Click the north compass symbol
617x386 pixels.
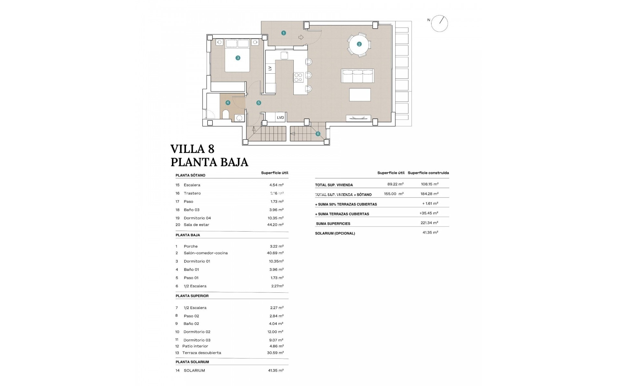(439, 23)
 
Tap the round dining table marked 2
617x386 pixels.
(359, 44)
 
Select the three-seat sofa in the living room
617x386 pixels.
(357, 76)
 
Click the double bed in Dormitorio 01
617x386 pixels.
(237, 55)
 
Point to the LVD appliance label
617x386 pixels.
(280, 117)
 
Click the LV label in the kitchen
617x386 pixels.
(270, 68)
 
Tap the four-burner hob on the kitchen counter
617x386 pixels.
(298, 77)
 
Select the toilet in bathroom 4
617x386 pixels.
(226, 115)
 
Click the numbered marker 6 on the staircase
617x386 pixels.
(318, 134)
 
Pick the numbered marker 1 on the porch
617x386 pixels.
(283, 33)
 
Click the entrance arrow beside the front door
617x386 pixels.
(301, 37)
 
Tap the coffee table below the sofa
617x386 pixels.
(360, 95)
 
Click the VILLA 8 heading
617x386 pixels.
(192, 149)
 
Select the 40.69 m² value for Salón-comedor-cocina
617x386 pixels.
(275, 253)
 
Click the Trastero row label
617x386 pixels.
(192, 193)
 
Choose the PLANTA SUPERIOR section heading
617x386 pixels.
(192, 296)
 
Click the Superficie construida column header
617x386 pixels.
(428, 173)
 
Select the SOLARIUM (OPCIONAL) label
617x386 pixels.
(335, 233)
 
